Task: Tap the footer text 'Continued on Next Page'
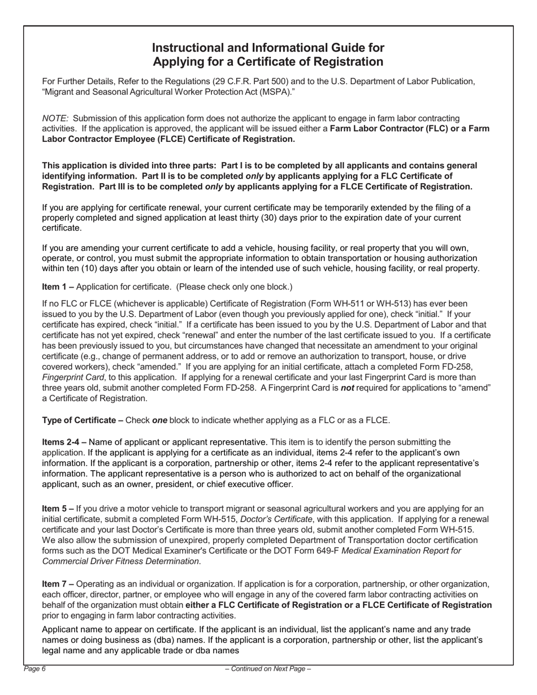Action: click(x=268, y=669)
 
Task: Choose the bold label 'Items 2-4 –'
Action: click(x=64, y=442)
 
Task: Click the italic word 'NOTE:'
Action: click(x=55, y=118)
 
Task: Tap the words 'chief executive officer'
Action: click(x=246, y=484)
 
